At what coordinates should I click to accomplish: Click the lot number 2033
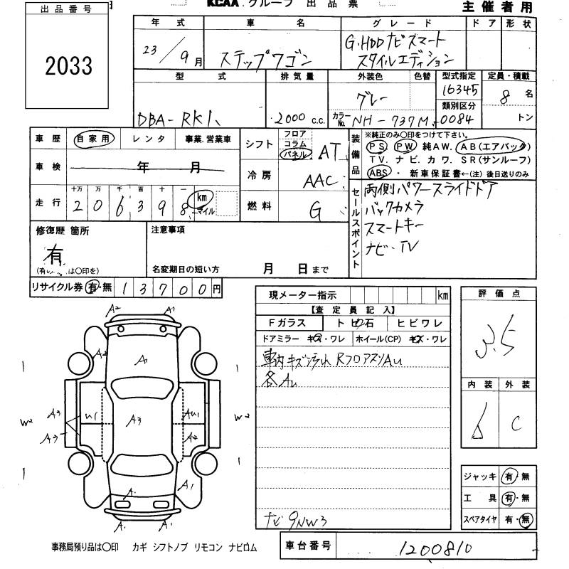(68, 66)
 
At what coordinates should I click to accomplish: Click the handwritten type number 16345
(459, 90)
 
